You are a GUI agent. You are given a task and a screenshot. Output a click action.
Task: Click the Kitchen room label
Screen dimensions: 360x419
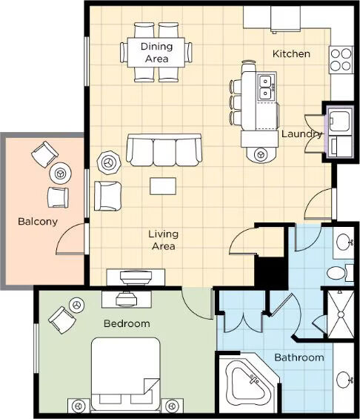(291, 53)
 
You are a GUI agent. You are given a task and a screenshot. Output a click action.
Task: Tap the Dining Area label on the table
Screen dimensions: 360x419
(156, 53)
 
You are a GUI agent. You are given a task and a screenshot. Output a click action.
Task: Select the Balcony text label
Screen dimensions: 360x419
(38, 222)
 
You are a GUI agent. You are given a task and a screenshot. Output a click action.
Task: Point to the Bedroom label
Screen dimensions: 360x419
(127, 323)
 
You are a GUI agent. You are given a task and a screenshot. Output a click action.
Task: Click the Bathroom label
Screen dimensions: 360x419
(299, 357)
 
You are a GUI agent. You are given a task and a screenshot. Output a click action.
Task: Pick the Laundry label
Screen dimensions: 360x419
(301, 134)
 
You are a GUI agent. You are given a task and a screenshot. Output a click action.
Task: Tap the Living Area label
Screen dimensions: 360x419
(163, 240)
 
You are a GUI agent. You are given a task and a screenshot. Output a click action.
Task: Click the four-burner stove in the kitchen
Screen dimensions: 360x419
(341, 60)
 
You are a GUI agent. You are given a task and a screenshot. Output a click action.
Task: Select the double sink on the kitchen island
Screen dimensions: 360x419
(266, 87)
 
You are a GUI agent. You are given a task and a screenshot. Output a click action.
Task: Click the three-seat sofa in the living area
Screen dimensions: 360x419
(164, 150)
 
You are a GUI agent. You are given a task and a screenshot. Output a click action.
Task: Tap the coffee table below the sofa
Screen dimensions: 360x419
(163, 186)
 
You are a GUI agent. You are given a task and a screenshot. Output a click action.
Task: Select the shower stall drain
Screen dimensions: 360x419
(341, 314)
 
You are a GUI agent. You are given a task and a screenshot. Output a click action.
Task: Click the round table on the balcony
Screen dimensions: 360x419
(60, 173)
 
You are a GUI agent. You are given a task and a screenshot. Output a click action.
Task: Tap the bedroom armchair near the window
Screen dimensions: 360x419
(62, 320)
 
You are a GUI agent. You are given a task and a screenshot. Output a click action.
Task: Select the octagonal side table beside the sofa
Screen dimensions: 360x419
(108, 162)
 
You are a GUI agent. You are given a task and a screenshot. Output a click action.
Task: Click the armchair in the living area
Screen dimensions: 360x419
(107, 196)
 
